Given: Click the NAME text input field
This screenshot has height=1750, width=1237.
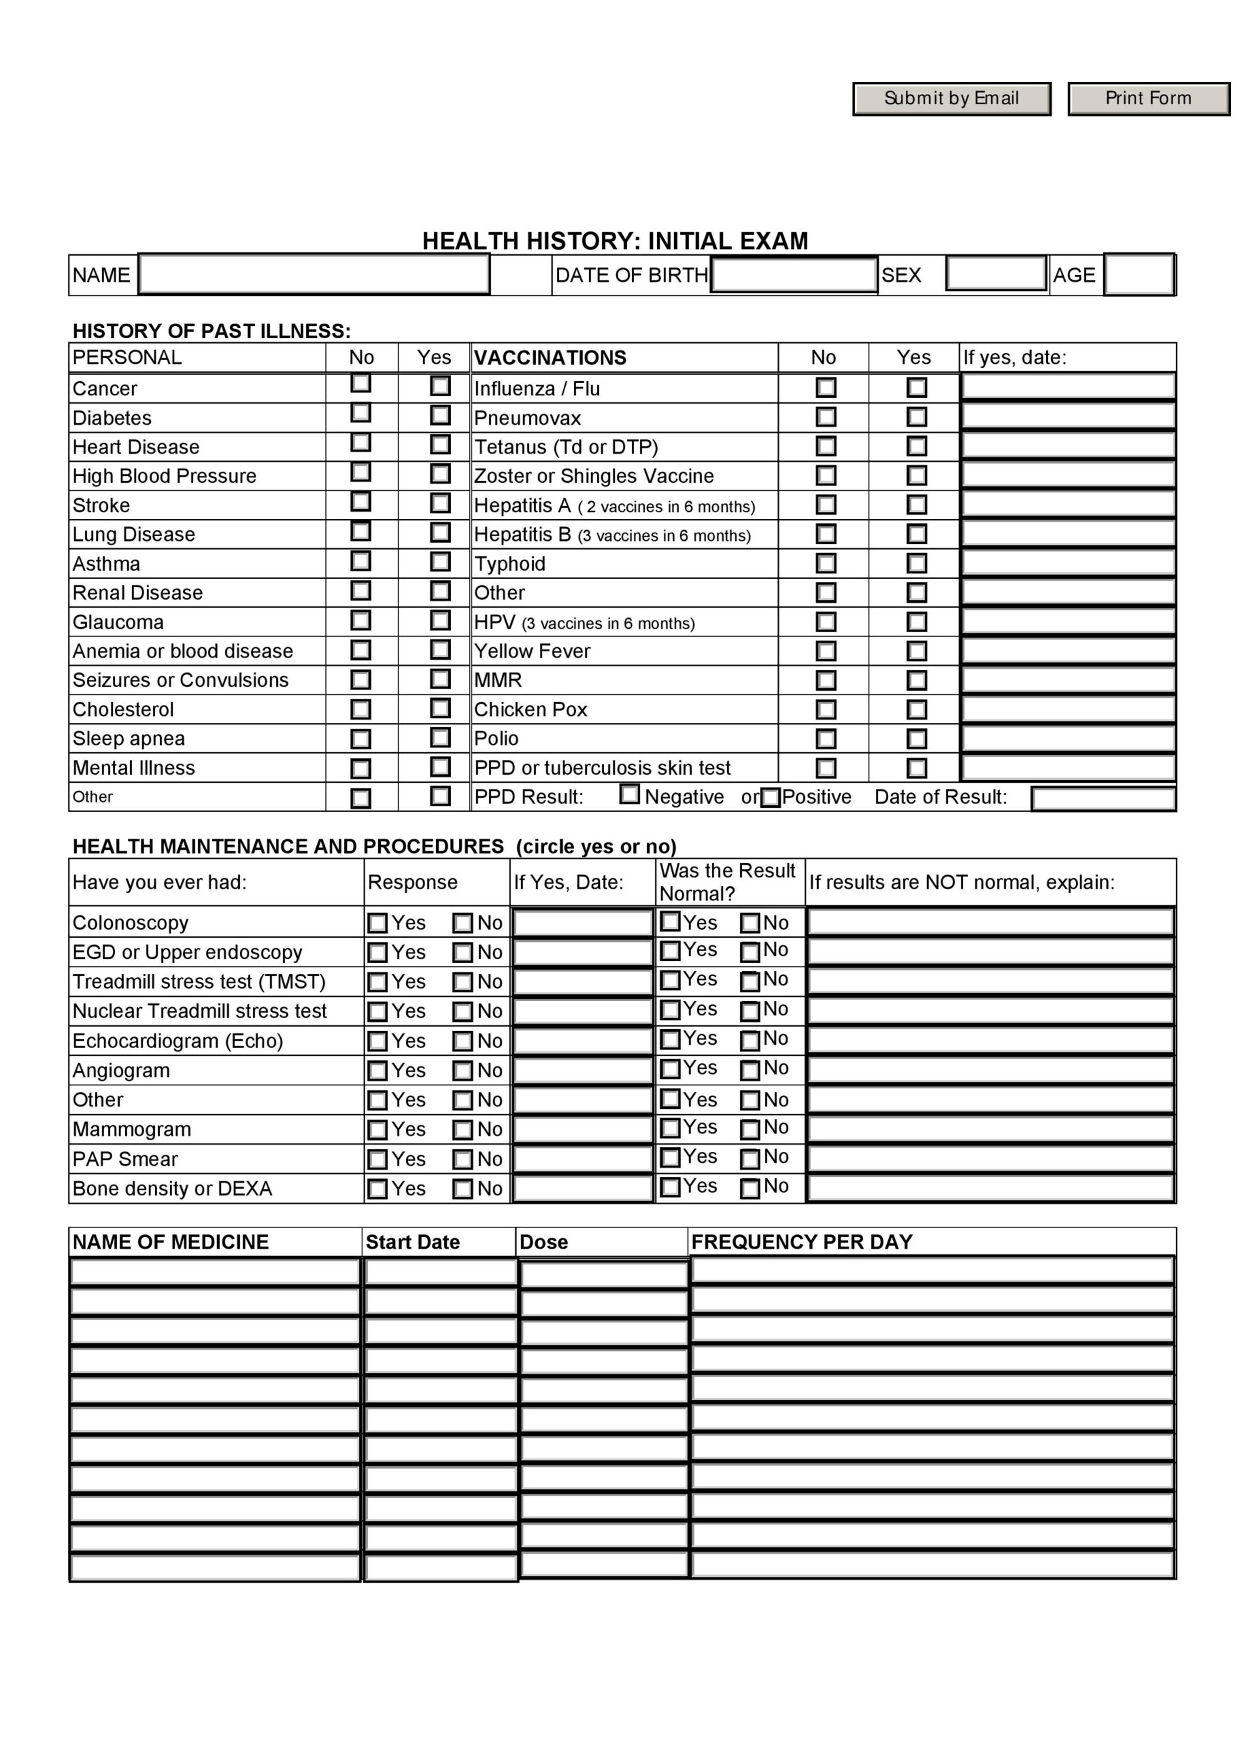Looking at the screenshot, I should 313,274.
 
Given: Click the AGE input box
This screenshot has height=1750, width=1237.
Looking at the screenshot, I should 1139,274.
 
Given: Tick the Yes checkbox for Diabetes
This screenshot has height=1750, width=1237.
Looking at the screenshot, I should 440,416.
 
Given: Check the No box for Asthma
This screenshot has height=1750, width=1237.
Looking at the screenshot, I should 360,562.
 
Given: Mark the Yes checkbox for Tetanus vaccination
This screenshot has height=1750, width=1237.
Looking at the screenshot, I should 916,446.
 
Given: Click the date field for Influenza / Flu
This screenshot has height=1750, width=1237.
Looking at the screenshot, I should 1068,387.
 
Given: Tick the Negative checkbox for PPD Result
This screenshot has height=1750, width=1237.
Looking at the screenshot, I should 630,794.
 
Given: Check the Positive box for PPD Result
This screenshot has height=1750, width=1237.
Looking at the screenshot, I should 770,797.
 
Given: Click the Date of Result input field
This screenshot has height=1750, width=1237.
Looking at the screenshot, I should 1103,798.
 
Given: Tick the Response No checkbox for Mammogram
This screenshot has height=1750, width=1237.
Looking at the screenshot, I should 463,1129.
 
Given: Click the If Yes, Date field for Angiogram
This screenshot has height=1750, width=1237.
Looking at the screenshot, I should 582,1070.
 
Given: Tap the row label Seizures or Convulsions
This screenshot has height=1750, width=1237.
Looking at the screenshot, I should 181,680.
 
